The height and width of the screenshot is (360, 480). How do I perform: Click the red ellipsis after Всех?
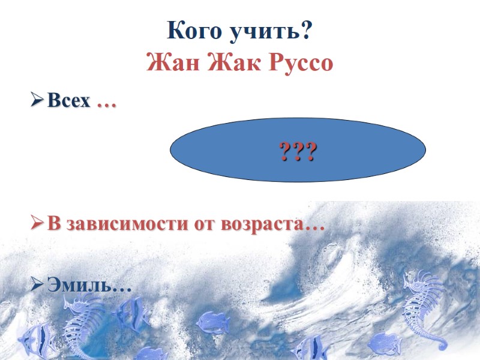107,103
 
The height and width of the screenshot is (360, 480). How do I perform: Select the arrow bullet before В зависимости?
37,224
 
